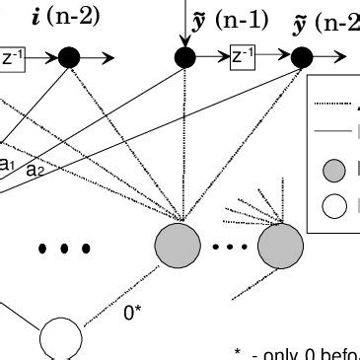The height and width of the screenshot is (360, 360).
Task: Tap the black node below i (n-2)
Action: (x=69, y=58)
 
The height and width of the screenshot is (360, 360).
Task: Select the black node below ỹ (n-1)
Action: (x=184, y=57)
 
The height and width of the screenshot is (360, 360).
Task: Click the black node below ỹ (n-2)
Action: (x=302, y=58)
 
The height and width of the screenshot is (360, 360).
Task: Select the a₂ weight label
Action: (x=35, y=170)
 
